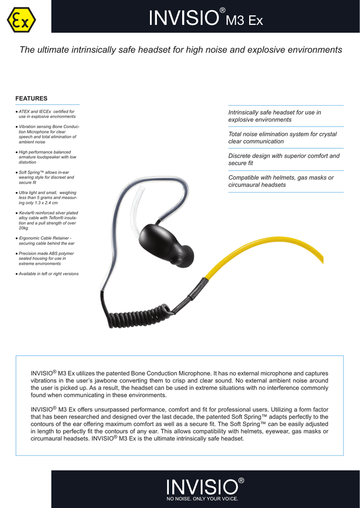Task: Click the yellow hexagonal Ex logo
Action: click(21, 19)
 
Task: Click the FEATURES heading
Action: click(31, 98)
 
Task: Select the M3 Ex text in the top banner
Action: click(244, 21)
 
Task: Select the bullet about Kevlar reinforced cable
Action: click(48, 220)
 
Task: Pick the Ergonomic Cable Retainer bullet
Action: click(47, 241)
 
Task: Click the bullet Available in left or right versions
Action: click(48, 274)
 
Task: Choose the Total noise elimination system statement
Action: click(282, 137)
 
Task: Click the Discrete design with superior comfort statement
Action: click(284, 159)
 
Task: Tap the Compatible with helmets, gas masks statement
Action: click(281, 181)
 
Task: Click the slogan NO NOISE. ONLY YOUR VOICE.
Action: click(202, 498)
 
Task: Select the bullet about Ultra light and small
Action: click(47, 197)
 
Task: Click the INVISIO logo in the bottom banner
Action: click(202, 486)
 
